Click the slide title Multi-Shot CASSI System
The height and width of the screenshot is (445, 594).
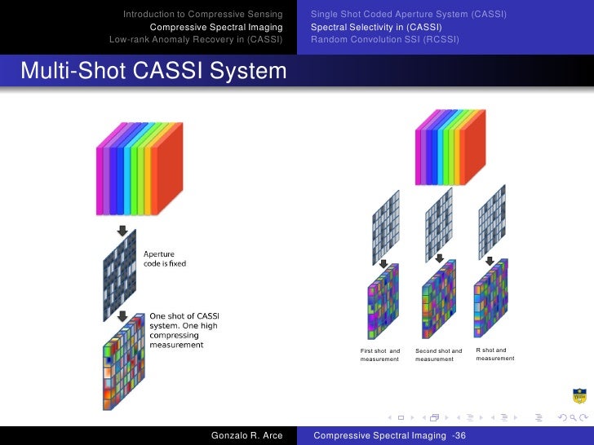[x=153, y=73]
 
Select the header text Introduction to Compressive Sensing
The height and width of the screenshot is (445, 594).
[x=203, y=15]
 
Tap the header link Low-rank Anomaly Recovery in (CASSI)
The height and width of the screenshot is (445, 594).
[x=196, y=39]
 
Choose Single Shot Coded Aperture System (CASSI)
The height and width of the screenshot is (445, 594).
[x=409, y=15]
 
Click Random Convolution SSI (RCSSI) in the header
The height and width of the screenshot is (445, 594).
[x=385, y=39]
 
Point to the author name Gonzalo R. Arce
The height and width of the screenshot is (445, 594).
[x=246, y=436]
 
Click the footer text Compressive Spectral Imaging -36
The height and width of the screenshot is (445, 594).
[x=390, y=436]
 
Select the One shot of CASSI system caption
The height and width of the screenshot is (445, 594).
[x=184, y=330]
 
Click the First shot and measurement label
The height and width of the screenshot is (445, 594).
[x=380, y=355]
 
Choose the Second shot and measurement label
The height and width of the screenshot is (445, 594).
[x=438, y=355]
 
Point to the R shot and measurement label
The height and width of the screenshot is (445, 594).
[x=495, y=354]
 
